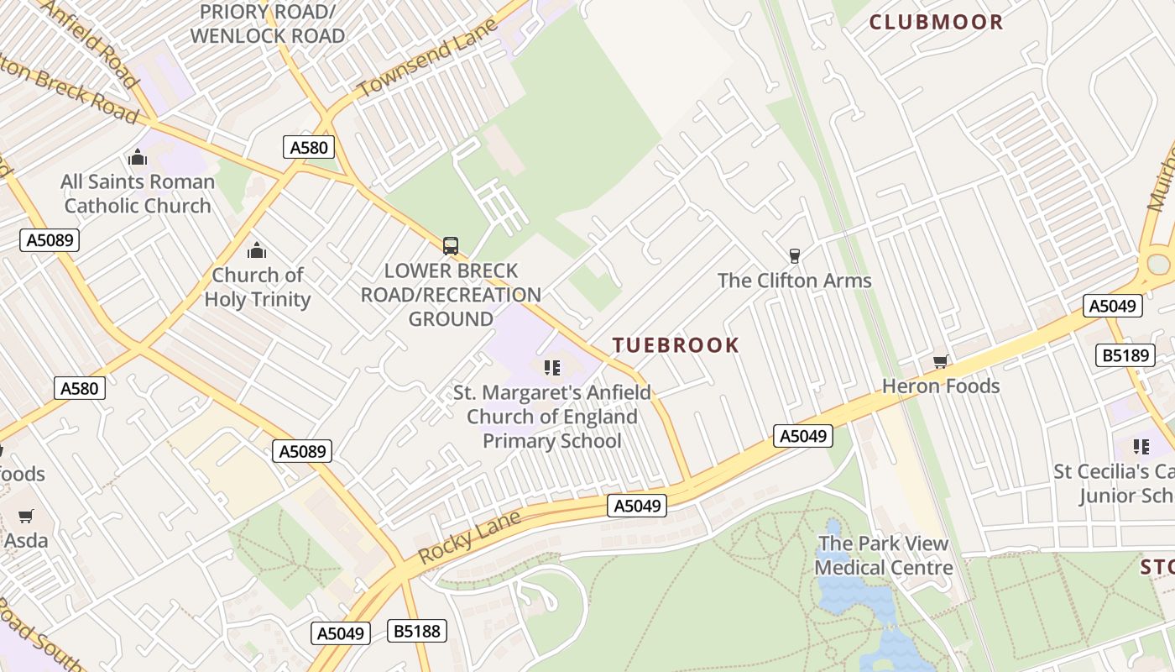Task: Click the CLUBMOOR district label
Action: tap(936, 22)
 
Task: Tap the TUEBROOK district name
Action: tap(676, 345)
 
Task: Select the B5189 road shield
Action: tap(1125, 355)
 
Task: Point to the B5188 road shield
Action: tap(417, 631)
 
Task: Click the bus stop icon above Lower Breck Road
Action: tap(451, 246)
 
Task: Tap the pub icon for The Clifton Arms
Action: tap(794, 255)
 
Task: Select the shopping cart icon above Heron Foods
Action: tap(940, 362)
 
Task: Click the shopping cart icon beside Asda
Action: tap(26, 516)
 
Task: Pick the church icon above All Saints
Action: tap(138, 157)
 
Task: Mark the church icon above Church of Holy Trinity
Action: tap(257, 250)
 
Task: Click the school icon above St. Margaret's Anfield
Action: tap(551, 367)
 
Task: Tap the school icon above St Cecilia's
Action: tap(1141, 446)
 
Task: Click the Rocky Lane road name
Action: tap(469, 538)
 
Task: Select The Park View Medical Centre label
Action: tap(883, 555)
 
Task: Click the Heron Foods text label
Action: tap(941, 386)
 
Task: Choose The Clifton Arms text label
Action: tap(794, 281)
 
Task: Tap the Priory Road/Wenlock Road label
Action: tap(267, 24)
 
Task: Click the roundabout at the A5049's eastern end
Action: tap(1158, 264)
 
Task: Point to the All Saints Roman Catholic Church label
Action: tap(138, 194)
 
